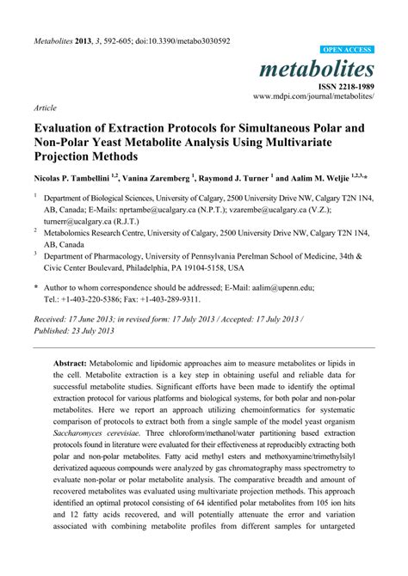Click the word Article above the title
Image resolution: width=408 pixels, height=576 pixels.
(46, 109)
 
